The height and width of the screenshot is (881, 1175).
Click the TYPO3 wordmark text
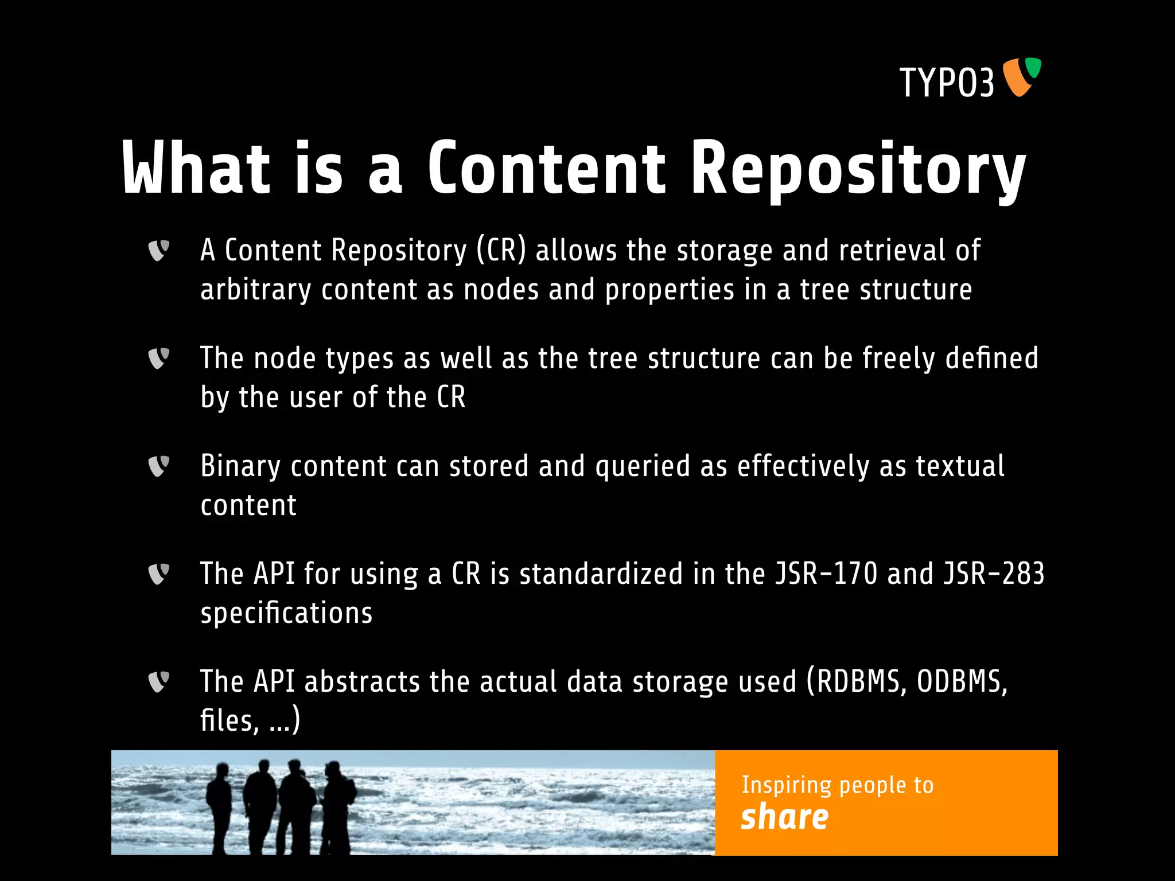click(x=947, y=83)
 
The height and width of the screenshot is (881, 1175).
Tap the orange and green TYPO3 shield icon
click(x=1021, y=76)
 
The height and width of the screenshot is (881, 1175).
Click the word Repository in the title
click(x=858, y=170)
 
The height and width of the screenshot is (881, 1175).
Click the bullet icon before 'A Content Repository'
click(x=158, y=251)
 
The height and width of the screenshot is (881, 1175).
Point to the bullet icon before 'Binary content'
click(x=158, y=466)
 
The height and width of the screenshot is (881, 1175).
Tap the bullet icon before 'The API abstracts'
click(x=158, y=682)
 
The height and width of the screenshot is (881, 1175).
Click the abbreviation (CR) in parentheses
click(x=501, y=251)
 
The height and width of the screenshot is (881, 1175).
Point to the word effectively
click(x=803, y=466)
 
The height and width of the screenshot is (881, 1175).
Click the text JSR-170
click(x=826, y=574)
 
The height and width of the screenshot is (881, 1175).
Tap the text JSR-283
click(x=994, y=574)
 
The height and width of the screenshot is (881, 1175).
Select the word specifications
click(x=286, y=613)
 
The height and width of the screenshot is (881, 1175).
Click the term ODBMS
click(x=962, y=682)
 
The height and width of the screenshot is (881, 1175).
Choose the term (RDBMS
click(x=857, y=682)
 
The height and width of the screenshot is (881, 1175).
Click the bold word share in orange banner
click(x=784, y=817)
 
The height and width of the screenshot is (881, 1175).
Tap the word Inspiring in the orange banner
click(x=786, y=785)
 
